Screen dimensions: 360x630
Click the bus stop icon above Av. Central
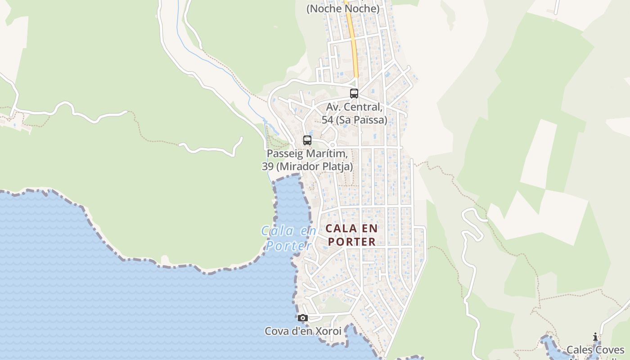pyautogui.click(x=354, y=94)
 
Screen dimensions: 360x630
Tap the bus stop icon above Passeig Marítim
pyautogui.click(x=307, y=140)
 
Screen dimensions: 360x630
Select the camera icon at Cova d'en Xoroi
pyautogui.click(x=303, y=318)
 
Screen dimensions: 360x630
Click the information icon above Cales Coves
pyautogui.click(x=595, y=337)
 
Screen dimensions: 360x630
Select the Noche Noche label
pyautogui.click(x=343, y=9)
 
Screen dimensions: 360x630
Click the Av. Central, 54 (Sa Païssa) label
pyautogui.click(x=354, y=114)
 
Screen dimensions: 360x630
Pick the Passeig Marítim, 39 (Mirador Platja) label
pyautogui.click(x=307, y=160)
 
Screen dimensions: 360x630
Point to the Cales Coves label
pyautogui.click(x=595, y=350)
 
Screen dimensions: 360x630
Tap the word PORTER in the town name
pyautogui.click(x=352, y=242)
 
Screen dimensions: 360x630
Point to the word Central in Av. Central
pyautogui.click(x=365, y=108)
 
